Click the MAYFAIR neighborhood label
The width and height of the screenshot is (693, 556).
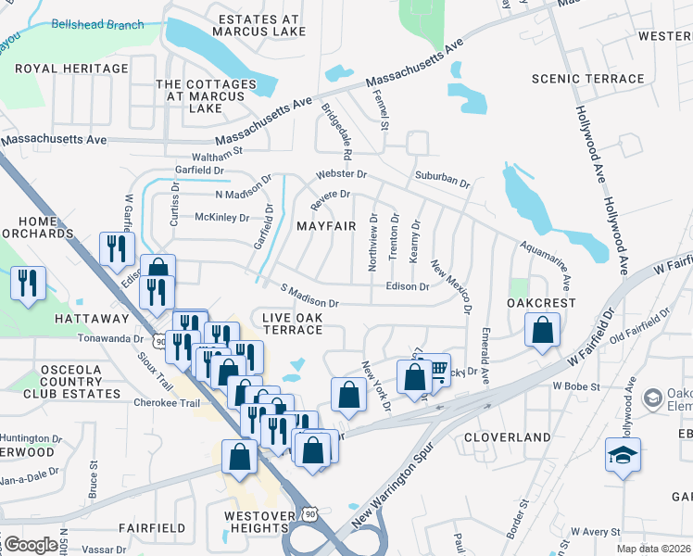[x=325, y=226]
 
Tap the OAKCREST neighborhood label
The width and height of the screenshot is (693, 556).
[x=542, y=303]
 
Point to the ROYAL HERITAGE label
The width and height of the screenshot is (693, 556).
[x=71, y=69]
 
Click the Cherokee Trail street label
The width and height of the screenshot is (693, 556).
[x=168, y=403]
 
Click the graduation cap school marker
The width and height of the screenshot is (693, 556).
[x=623, y=454]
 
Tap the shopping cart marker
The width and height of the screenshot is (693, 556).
[x=434, y=370]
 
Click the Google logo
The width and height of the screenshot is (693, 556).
[x=30, y=545]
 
